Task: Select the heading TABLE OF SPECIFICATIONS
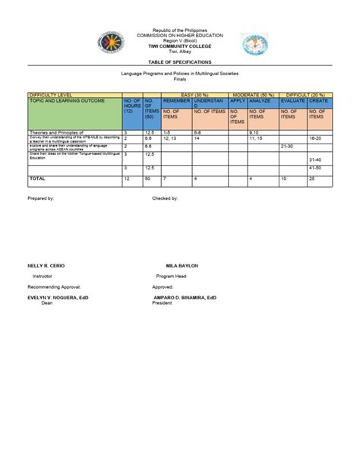(x=179, y=60)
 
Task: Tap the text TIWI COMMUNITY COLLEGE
(x=179, y=46)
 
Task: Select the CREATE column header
(x=319, y=100)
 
